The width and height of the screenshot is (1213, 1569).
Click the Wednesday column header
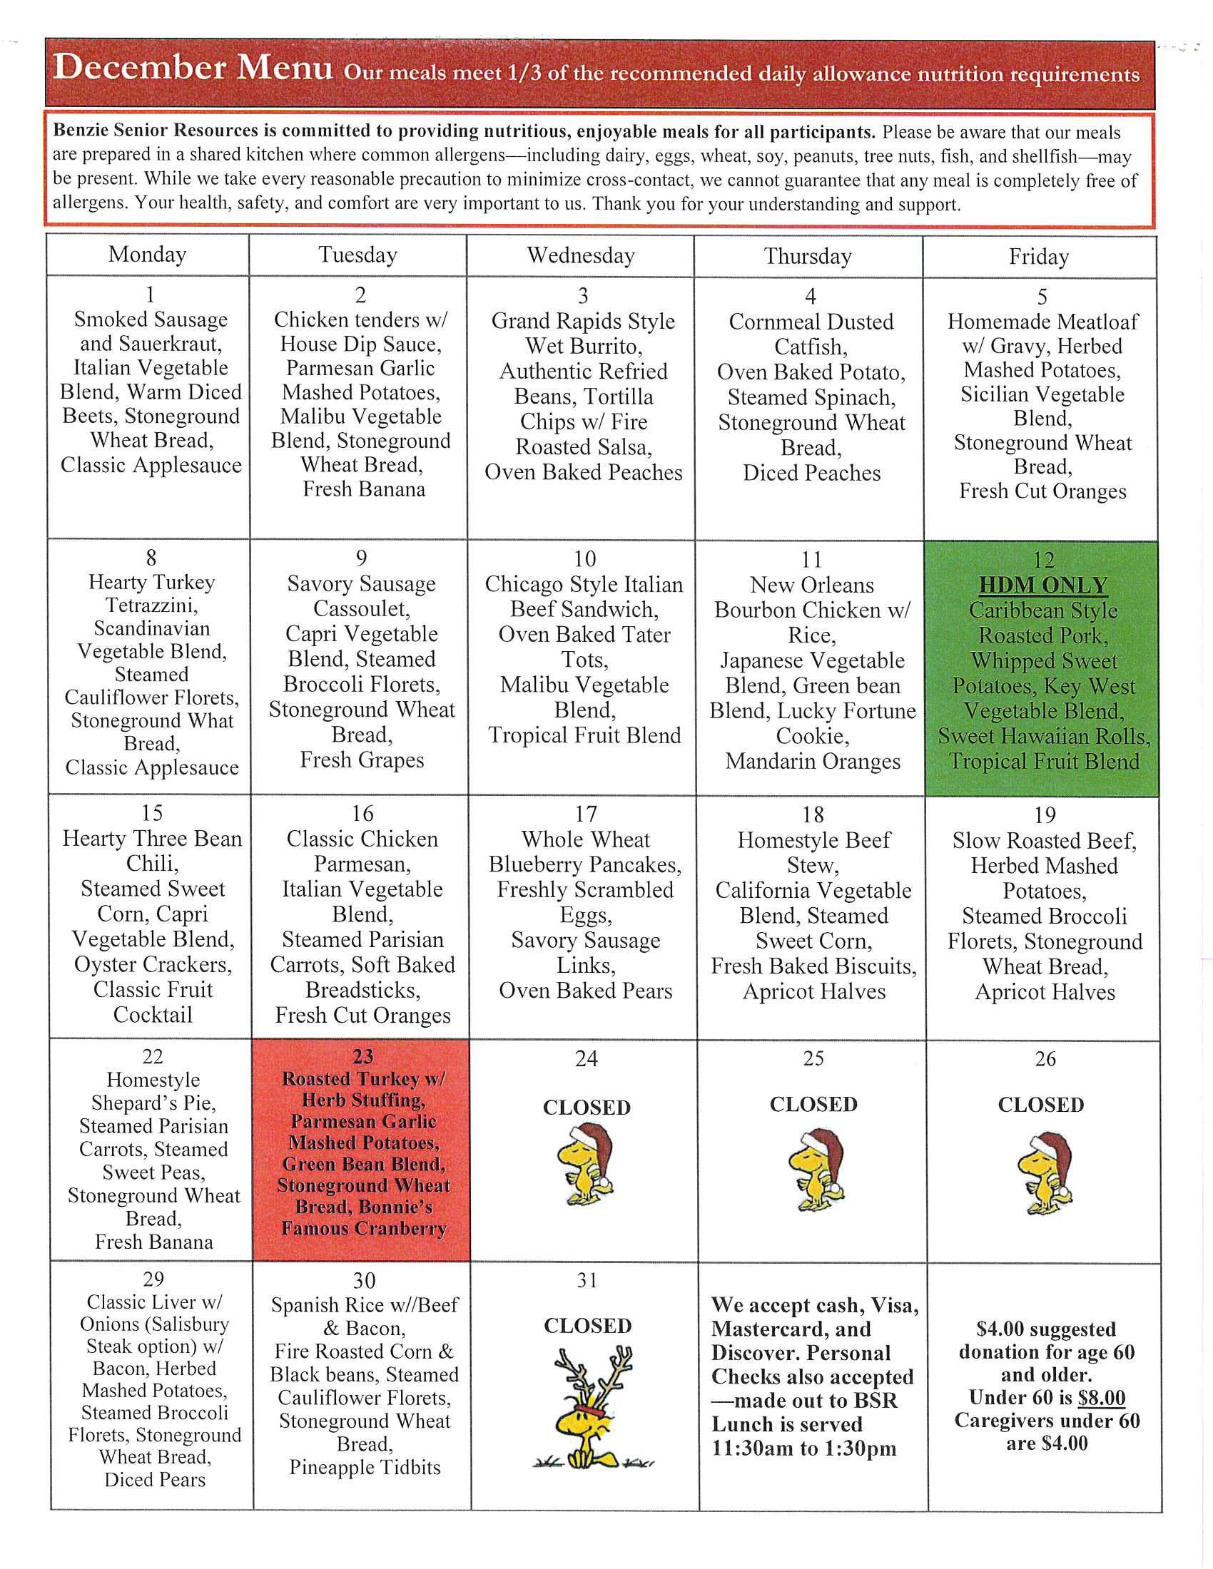(581, 256)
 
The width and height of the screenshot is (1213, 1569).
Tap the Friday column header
(1039, 257)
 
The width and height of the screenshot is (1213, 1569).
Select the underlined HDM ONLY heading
(1042, 586)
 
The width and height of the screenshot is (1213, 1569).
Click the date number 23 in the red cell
(363, 1057)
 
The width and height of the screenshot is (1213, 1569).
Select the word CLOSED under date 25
(813, 1104)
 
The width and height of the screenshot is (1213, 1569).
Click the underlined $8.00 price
(1102, 1398)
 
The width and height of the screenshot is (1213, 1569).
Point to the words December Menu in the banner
(193, 68)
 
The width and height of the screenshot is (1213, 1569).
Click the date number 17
(586, 814)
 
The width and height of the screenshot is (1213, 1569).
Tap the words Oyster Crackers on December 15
(153, 965)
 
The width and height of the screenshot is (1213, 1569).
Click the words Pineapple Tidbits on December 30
(365, 1468)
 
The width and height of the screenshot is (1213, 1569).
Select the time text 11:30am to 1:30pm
(804, 1448)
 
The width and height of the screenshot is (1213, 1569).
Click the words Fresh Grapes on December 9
(362, 760)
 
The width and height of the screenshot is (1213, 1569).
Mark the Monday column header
(147, 255)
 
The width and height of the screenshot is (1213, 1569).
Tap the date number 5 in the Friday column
(1042, 297)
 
